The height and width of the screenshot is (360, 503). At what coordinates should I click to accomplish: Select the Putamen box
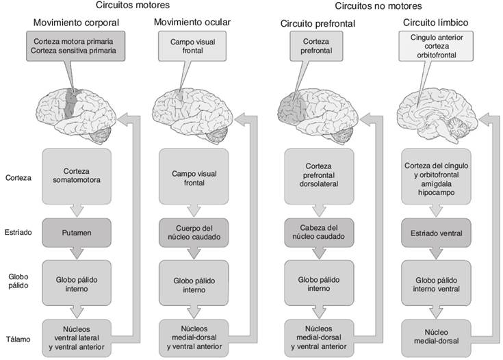point(77,233)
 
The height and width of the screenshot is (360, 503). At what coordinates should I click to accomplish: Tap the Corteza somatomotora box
point(77,175)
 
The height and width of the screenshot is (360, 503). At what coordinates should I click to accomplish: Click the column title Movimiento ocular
point(192,23)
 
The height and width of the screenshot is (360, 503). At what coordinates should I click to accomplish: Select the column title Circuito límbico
point(433,23)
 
